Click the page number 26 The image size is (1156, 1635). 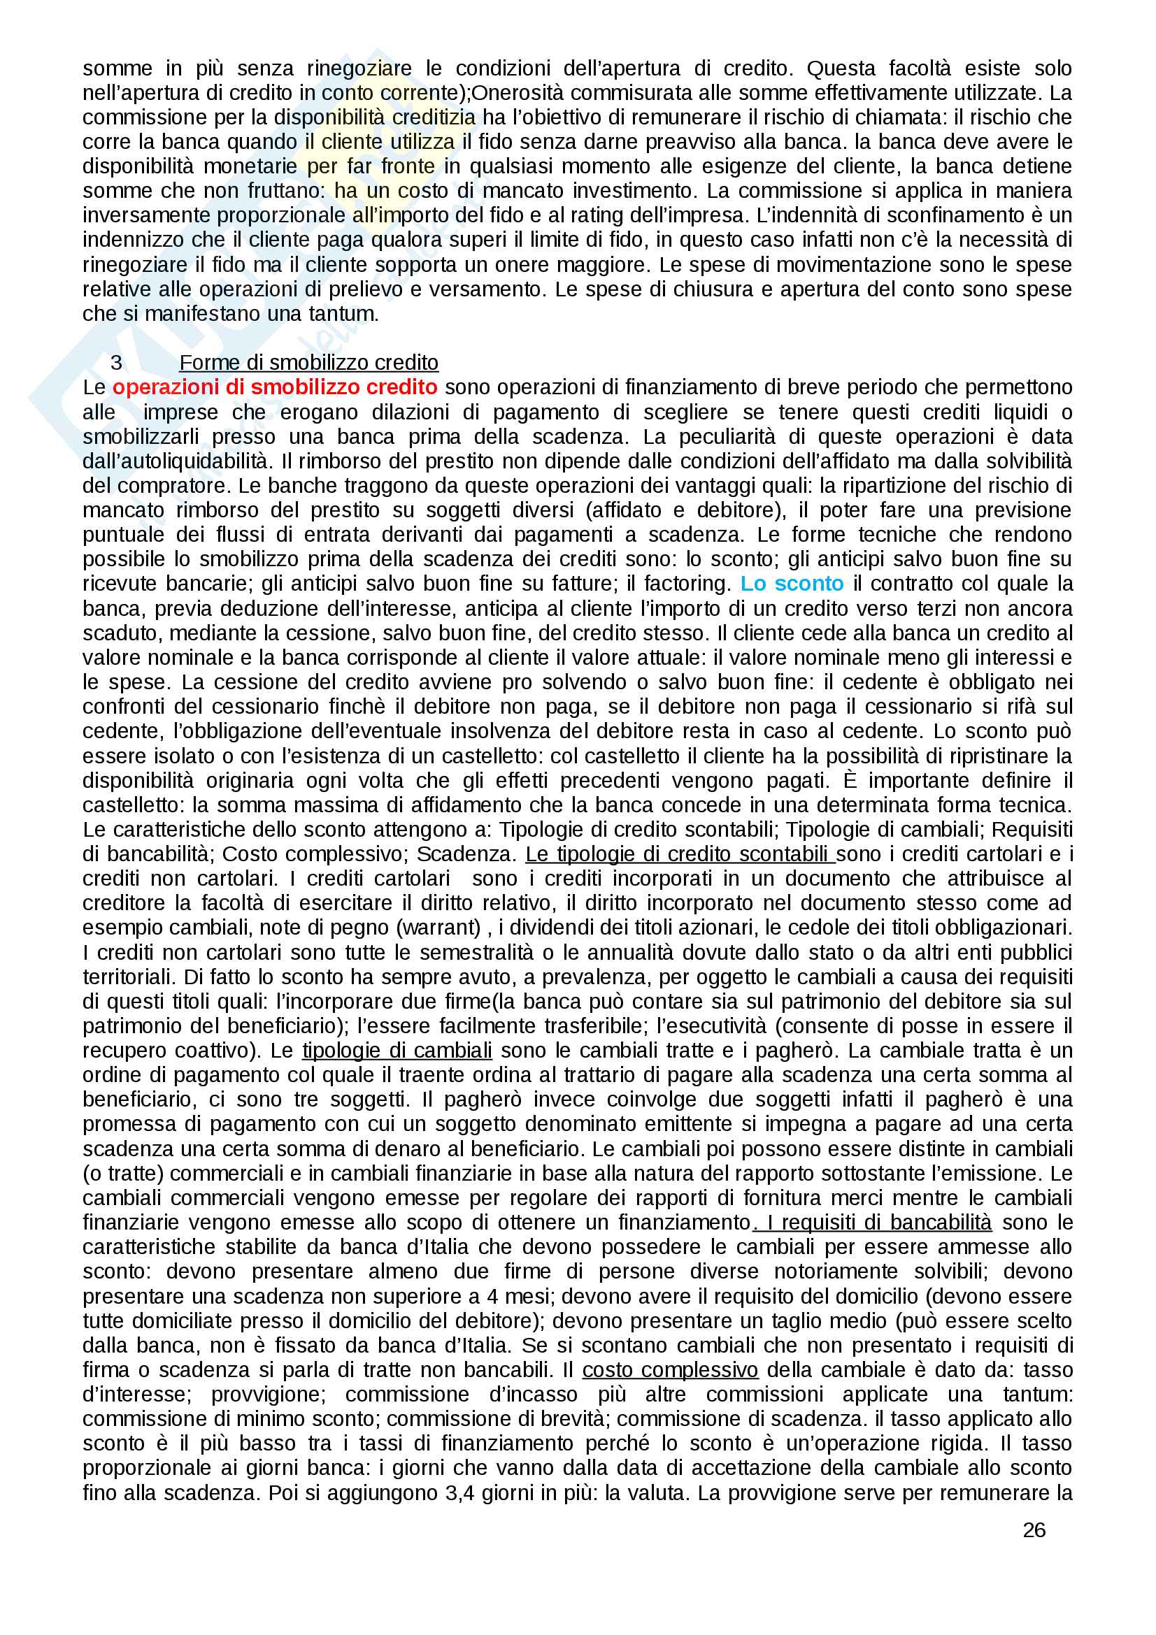(x=1034, y=1529)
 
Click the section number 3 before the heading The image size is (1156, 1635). (x=116, y=363)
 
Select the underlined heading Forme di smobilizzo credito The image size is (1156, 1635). (x=308, y=363)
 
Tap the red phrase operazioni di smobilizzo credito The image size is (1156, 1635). (x=275, y=387)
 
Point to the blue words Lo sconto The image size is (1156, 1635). (x=792, y=583)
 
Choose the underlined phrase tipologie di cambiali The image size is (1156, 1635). (x=397, y=1051)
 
